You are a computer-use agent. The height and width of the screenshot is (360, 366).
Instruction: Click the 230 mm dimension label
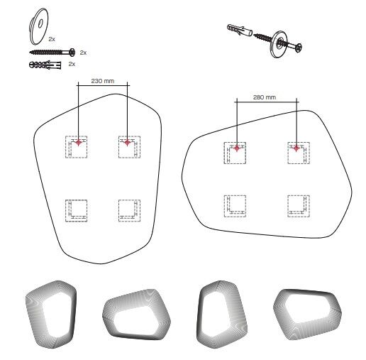[x=103, y=81]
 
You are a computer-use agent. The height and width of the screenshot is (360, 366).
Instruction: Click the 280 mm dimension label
[x=265, y=97]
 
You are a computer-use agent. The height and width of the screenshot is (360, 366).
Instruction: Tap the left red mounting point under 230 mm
[x=79, y=143]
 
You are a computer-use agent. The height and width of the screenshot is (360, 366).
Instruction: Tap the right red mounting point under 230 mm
[x=127, y=143]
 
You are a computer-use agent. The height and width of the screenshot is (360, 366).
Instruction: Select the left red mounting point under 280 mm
[x=237, y=148]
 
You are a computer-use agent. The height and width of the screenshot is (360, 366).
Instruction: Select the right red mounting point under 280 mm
[x=296, y=148]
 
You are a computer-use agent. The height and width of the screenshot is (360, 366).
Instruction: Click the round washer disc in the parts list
[x=38, y=26]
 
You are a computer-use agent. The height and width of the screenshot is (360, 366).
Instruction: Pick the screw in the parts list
[x=52, y=52]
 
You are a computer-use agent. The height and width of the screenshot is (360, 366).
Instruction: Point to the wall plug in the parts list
[x=45, y=65]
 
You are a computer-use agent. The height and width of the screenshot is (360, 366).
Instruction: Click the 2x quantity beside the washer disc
[x=52, y=39]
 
